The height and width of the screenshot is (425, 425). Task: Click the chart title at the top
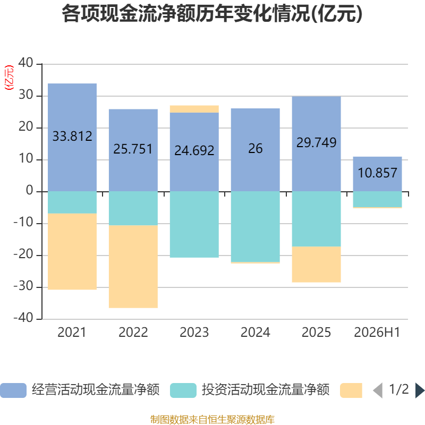coord(212,14)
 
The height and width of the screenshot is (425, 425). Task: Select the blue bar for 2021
coord(72,138)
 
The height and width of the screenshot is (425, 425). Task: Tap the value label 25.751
coord(133,149)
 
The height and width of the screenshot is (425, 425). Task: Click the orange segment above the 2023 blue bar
coord(194,109)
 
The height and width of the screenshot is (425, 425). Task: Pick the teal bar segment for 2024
coord(256,227)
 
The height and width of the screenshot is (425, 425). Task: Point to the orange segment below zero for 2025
coord(316,264)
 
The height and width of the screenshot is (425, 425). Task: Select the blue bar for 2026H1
coord(377,174)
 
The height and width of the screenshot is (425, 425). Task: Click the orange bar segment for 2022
coord(133,267)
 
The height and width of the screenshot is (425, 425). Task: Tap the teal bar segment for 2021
coord(72,202)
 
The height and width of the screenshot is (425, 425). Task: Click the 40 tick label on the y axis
coord(25,63)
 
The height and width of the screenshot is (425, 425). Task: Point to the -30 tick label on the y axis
coord(23,286)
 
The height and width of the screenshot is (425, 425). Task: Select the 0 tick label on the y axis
coord(30,190)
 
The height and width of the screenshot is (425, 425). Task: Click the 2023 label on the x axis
coord(194,333)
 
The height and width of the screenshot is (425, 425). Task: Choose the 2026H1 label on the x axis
coord(377,333)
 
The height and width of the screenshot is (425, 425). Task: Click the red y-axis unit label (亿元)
coord(9,78)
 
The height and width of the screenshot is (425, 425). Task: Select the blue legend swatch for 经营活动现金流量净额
coord(13,390)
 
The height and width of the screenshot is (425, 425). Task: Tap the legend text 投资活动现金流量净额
coord(265,390)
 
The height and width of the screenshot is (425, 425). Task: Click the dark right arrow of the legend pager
coord(420,390)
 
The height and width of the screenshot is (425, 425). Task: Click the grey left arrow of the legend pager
coord(378,390)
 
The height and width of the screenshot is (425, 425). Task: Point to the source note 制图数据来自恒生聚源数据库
coord(212,420)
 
